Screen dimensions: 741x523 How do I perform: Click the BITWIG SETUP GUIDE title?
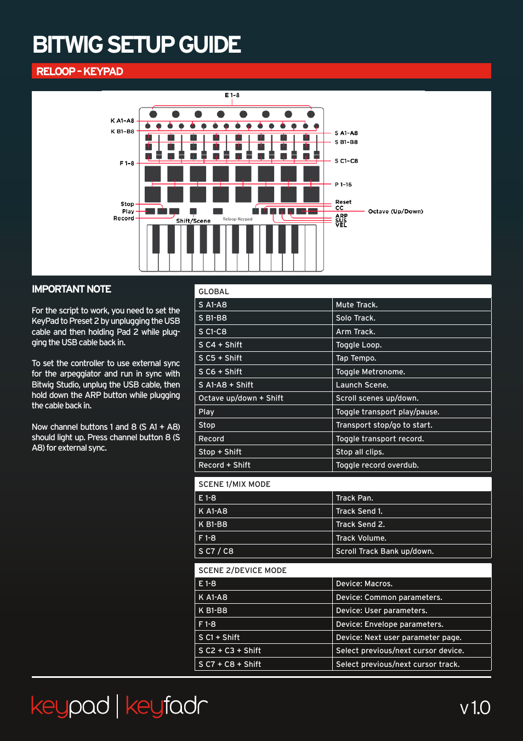[137, 45]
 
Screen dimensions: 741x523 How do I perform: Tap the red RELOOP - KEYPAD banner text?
[79, 71]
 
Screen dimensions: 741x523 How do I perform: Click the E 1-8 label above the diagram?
[232, 96]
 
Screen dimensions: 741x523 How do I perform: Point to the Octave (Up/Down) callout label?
[395, 211]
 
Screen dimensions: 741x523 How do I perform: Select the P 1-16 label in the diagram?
[343, 184]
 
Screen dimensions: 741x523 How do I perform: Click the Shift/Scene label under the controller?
[193, 221]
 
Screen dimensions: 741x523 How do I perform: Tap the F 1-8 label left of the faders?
[127, 163]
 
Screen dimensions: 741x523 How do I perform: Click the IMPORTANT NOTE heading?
[71, 289]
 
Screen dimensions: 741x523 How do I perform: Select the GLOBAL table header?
[214, 291]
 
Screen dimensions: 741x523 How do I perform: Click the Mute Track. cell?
[356, 305]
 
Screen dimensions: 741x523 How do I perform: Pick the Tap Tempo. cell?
[356, 358]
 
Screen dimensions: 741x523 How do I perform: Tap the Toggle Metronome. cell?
[370, 372]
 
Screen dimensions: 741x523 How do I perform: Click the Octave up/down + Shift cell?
[241, 398]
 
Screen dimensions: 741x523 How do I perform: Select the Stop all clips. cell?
[360, 452]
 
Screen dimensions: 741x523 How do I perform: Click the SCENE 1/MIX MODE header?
[234, 484]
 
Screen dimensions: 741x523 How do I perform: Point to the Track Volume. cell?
[361, 538]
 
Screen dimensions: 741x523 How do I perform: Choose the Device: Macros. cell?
[364, 583]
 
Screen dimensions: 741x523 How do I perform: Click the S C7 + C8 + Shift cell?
[230, 664]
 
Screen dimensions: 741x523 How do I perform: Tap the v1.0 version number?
[475, 708]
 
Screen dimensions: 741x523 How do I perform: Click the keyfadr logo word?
[167, 706]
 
